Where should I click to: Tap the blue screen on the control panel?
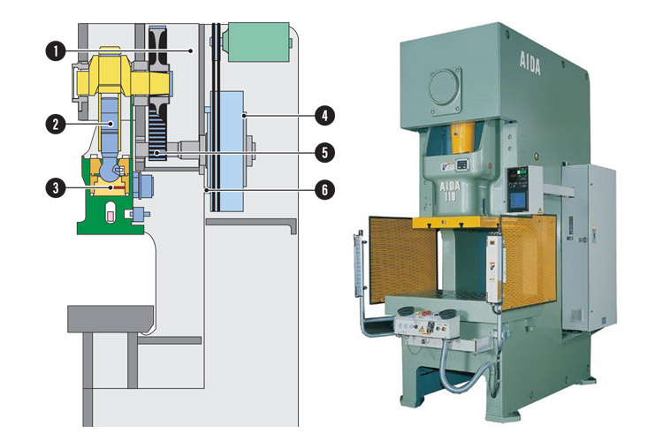[520, 200]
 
